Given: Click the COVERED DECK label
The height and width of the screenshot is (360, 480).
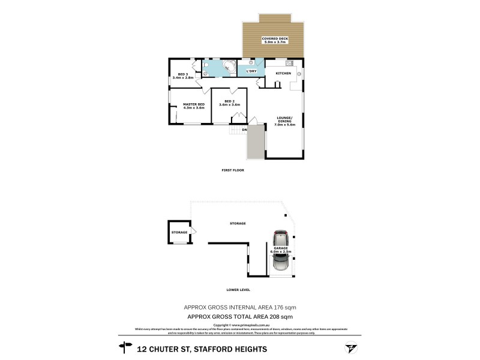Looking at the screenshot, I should click(x=275, y=38).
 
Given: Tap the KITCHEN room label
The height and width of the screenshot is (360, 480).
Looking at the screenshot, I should click(x=283, y=73).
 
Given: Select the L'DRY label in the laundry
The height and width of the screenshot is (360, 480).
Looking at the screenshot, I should click(x=251, y=71).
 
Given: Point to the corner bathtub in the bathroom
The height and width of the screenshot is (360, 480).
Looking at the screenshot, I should click(x=228, y=67).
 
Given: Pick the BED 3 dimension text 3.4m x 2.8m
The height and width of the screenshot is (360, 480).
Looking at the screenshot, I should click(x=183, y=78).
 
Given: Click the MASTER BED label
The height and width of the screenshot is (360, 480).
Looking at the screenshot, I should click(x=193, y=105).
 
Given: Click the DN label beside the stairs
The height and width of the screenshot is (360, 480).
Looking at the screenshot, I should click(x=244, y=130).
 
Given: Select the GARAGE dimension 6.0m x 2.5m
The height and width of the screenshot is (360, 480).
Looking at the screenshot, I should click(x=280, y=251).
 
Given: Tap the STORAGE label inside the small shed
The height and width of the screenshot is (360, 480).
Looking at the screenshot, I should click(x=179, y=232).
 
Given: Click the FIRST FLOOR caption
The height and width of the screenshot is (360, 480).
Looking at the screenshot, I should click(x=233, y=170).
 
